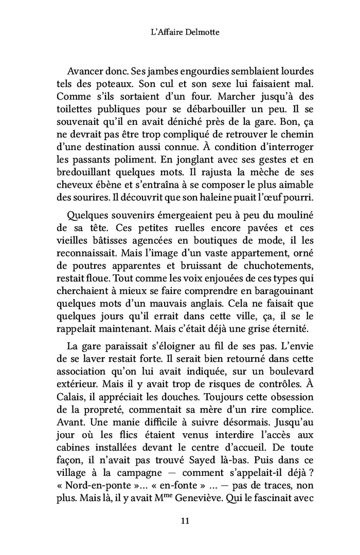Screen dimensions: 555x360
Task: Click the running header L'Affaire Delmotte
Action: [180, 32]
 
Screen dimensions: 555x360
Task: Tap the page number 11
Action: [179, 520]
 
